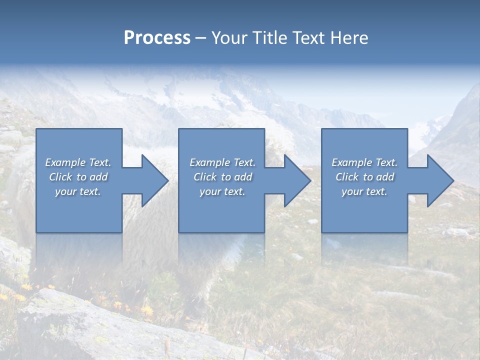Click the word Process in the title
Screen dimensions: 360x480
click(157, 38)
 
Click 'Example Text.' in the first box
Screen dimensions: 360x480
click(78, 162)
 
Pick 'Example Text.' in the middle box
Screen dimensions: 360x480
click(222, 162)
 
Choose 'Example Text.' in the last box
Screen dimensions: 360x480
click(364, 162)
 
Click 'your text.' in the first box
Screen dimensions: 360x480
click(78, 191)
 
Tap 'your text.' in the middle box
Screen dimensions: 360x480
click(222, 191)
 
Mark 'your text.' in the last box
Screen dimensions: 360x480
click(364, 191)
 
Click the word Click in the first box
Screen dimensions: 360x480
click(61, 177)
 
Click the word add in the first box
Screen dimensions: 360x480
click(98, 177)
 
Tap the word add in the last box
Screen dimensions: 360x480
click(385, 177)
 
